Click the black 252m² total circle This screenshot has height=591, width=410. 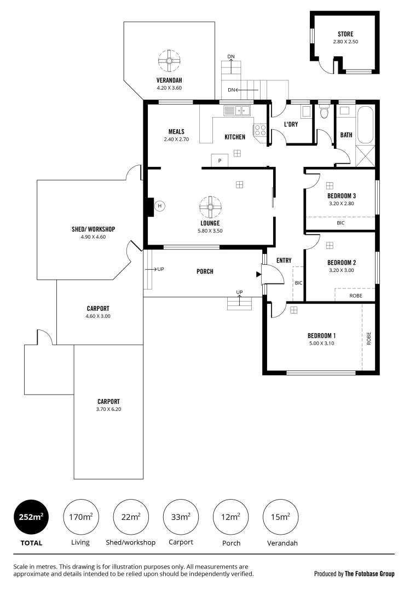point(30,516)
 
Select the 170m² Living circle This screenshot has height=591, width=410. point(80,516)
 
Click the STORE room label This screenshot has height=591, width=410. point(345,33)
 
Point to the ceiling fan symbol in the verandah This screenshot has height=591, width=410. point(169,61)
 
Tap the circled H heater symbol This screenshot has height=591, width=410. point(160,206)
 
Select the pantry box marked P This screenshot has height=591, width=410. point(220,160)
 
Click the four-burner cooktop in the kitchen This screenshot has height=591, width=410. point(259,130)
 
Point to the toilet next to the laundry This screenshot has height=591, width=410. point(324,113)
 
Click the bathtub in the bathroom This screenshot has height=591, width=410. point(365,124)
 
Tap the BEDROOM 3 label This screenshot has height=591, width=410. point(342,196)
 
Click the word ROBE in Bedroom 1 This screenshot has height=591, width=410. point(368,337)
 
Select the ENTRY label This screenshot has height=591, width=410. point(284,260)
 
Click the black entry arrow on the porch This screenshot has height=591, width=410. point(258,275)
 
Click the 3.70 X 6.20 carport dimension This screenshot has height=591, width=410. point(109,409)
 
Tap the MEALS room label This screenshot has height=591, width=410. point(176,132)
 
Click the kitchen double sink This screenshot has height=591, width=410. point(237,111)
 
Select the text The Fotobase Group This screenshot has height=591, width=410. point(369,574)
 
